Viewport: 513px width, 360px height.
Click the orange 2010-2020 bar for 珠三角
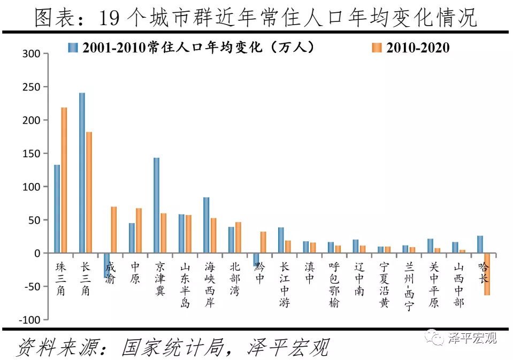click(64, 180)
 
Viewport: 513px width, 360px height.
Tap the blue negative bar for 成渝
click(106, 265)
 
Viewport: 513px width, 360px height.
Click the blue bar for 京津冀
click(156, 205)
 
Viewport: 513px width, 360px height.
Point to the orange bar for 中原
click(139, 230)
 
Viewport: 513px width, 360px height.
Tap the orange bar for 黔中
click(263, 242)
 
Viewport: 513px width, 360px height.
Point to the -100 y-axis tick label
click(30, 319)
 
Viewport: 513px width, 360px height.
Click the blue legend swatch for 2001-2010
click(73, 47)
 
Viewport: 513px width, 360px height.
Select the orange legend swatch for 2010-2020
click(376, 48)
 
